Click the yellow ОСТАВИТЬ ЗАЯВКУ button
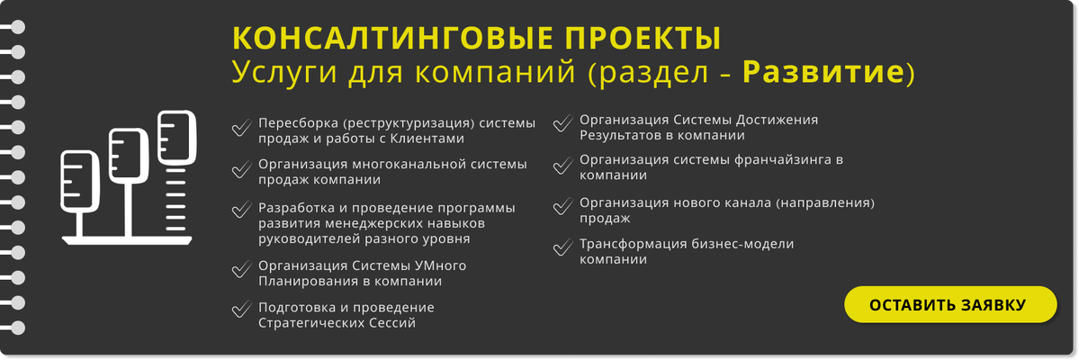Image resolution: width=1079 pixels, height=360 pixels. tap(950, 305)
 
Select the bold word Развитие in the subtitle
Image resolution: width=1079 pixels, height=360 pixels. tap(823, 73)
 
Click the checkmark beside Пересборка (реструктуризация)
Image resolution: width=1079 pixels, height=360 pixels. tap(241, 128)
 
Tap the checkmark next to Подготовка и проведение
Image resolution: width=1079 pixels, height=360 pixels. tap(241, 309)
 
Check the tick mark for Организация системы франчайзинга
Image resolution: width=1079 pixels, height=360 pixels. tap(562, 166)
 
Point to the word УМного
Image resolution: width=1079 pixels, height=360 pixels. tap(440, 265)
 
